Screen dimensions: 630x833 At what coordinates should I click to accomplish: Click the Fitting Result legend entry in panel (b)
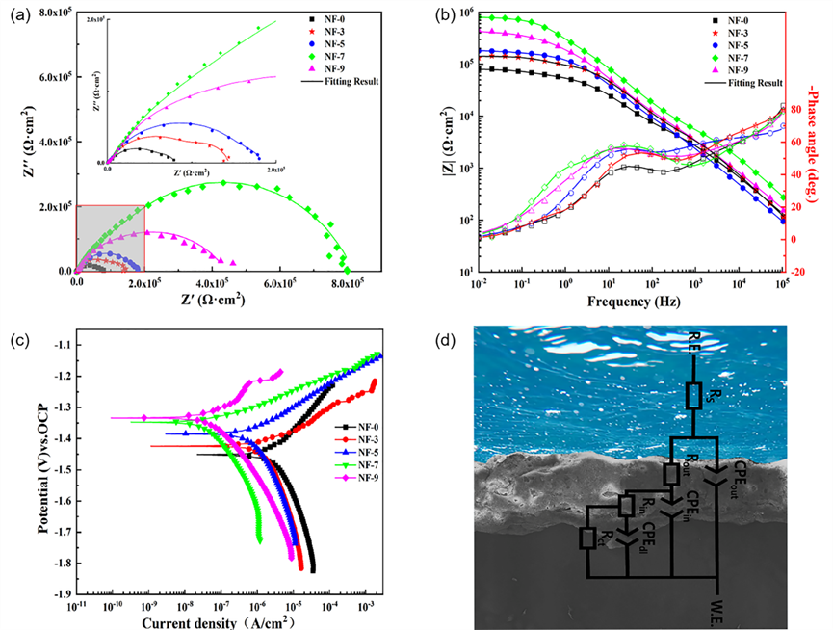click(742, 84)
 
